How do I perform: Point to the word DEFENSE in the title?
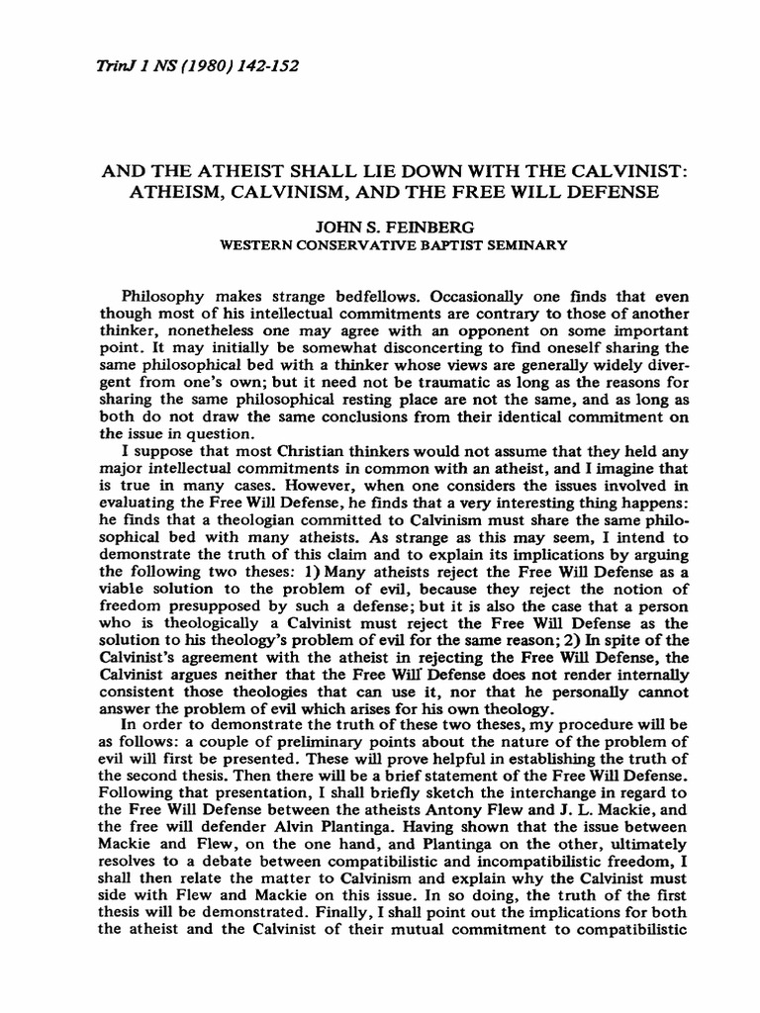click(603, 191)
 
